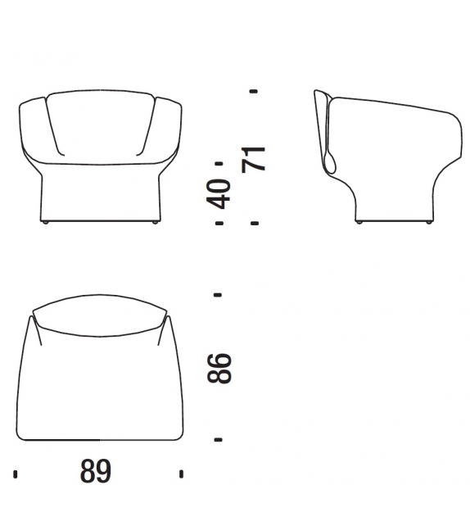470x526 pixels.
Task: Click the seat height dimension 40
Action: (219, 194)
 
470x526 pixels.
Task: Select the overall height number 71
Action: (254, 159)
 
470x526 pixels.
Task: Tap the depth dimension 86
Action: (219, 368)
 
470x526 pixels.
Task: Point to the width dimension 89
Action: (96, 471)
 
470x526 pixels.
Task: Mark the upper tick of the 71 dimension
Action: (254, 91)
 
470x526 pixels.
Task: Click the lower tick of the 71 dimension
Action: (255, 223)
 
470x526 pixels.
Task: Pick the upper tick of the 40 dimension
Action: (219, 163)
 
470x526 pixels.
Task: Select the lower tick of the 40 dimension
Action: (219, 223)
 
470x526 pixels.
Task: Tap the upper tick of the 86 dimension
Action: (218, 295)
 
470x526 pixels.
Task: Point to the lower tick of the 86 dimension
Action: (219, 439)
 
